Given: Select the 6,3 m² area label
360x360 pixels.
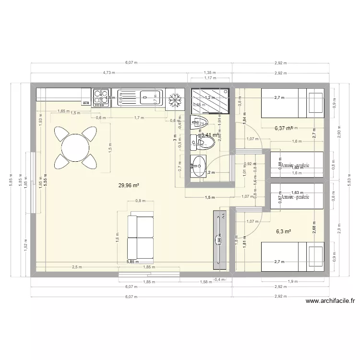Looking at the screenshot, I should coord(284,231).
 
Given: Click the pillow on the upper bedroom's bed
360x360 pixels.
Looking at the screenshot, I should coord(315,103).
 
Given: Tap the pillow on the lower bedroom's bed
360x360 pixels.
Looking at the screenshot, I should coord(315,256).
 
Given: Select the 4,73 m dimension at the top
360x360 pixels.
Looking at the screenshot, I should coord(109,73).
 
